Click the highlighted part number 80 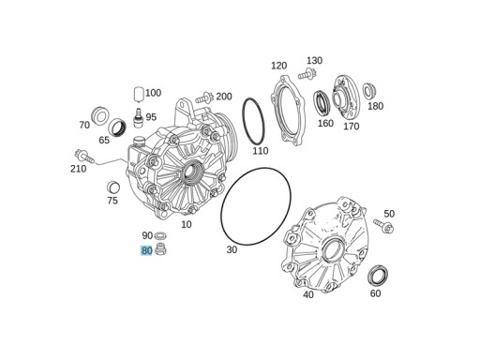(146, 250)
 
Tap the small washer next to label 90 (160, 235)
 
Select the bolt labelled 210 (84, 157)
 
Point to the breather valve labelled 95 (138, 118)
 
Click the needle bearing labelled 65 (117, 127)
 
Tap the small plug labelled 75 (113, 187)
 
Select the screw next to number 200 (204, 97)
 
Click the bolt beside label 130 (307, 74)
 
